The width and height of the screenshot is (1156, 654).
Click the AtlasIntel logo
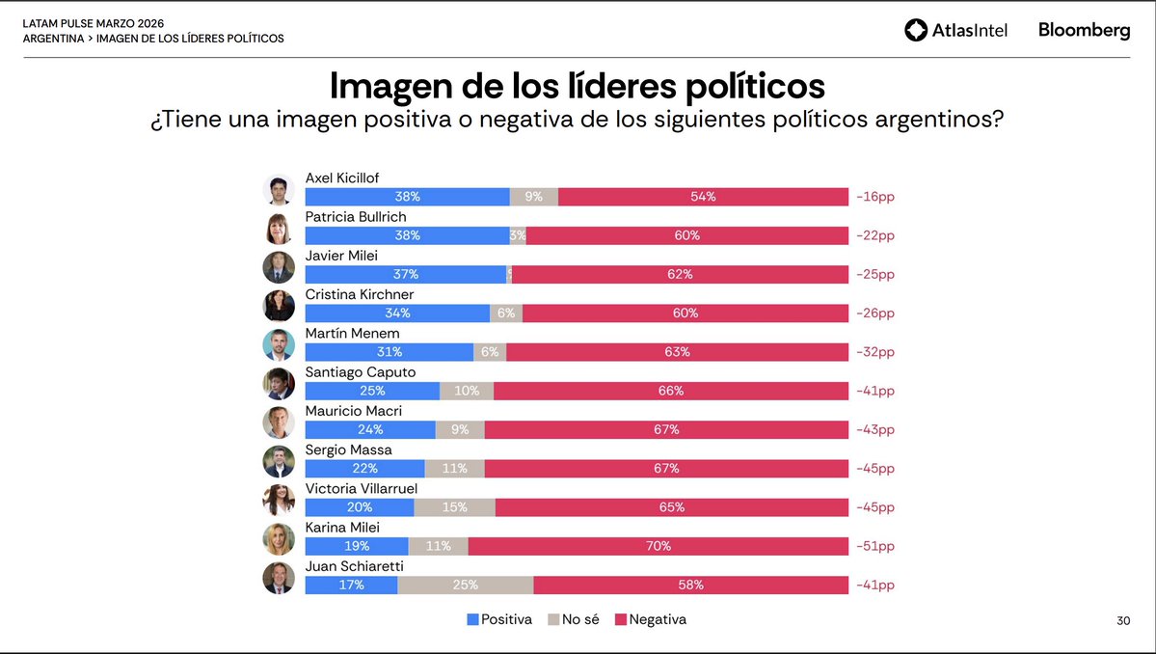click(955, 31)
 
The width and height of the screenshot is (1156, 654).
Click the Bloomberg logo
click(1084, 31)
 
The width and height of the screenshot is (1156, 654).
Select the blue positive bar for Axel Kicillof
click(407, 197)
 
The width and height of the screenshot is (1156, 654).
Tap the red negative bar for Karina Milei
click(658, 546)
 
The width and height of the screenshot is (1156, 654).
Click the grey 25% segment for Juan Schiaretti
click(465, 585)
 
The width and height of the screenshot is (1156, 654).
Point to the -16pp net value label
click(874, 197)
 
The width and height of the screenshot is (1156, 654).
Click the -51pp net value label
click(874, 546)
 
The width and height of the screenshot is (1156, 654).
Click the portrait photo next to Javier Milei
click(279, 267)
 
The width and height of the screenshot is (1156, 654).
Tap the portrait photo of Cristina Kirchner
click(279, 306)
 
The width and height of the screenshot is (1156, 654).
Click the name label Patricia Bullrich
click(355, 217)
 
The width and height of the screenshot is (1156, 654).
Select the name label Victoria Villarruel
click(362, 488)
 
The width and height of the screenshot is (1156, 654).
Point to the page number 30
click(1123, 621)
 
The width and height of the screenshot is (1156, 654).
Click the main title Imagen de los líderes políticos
click(577, 85)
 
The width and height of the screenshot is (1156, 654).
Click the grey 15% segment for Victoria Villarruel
click(454, 507)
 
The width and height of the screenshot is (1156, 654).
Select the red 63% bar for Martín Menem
click(677, 352)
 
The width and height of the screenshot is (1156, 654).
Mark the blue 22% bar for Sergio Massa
click(365, 468)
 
